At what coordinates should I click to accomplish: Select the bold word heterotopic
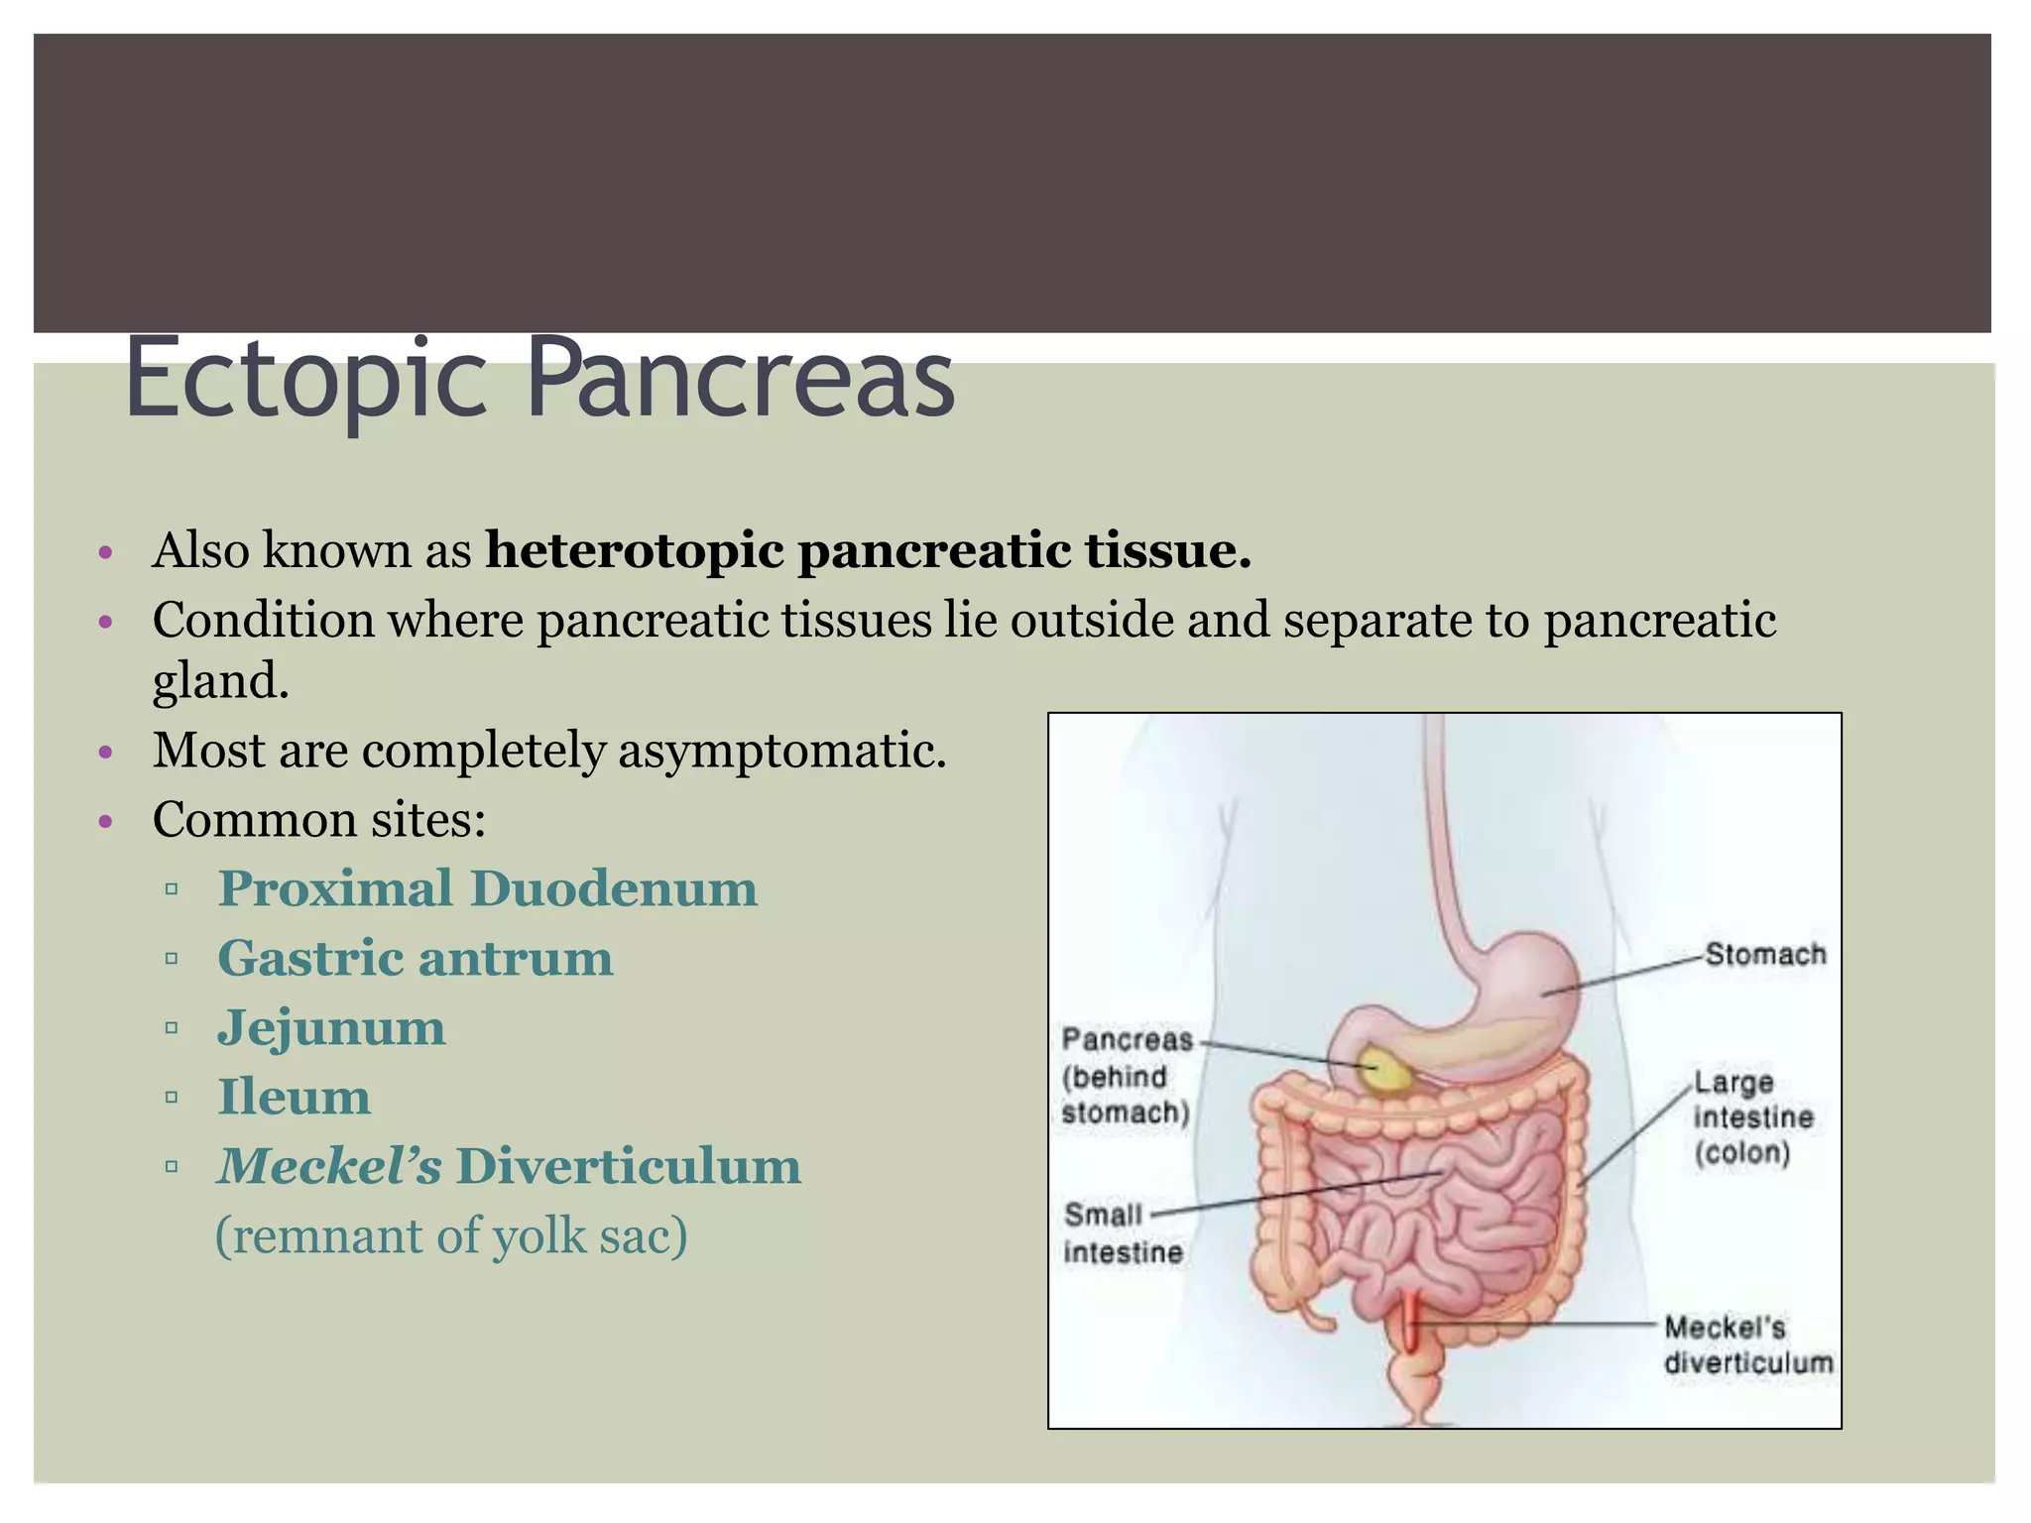tap(635, 550)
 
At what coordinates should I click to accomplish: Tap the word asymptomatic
tap(782, 750)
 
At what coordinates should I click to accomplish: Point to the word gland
tap(220, 682)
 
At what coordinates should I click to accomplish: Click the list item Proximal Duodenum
tap(487, 888)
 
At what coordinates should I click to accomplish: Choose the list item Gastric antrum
tap(415, 958)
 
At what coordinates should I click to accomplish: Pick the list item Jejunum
tap(331, 1027)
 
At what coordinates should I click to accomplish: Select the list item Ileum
tap(294, 1097)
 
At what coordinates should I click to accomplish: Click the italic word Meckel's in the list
tap(329, 1166)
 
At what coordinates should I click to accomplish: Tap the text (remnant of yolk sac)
tap(451, 1236)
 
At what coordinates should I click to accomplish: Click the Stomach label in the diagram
tap(1765, 954)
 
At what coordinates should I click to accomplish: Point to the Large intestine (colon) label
tap(1752, 1117)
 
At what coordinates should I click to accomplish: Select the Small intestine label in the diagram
tap(1122, 1233)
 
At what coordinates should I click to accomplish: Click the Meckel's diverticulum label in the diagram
tap(1747, 1345)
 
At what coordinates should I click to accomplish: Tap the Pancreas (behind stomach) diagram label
tap(1126, 1076)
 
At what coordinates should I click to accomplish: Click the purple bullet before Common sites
tap(107, 821)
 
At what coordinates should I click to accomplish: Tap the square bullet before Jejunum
tap(172, 1028)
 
